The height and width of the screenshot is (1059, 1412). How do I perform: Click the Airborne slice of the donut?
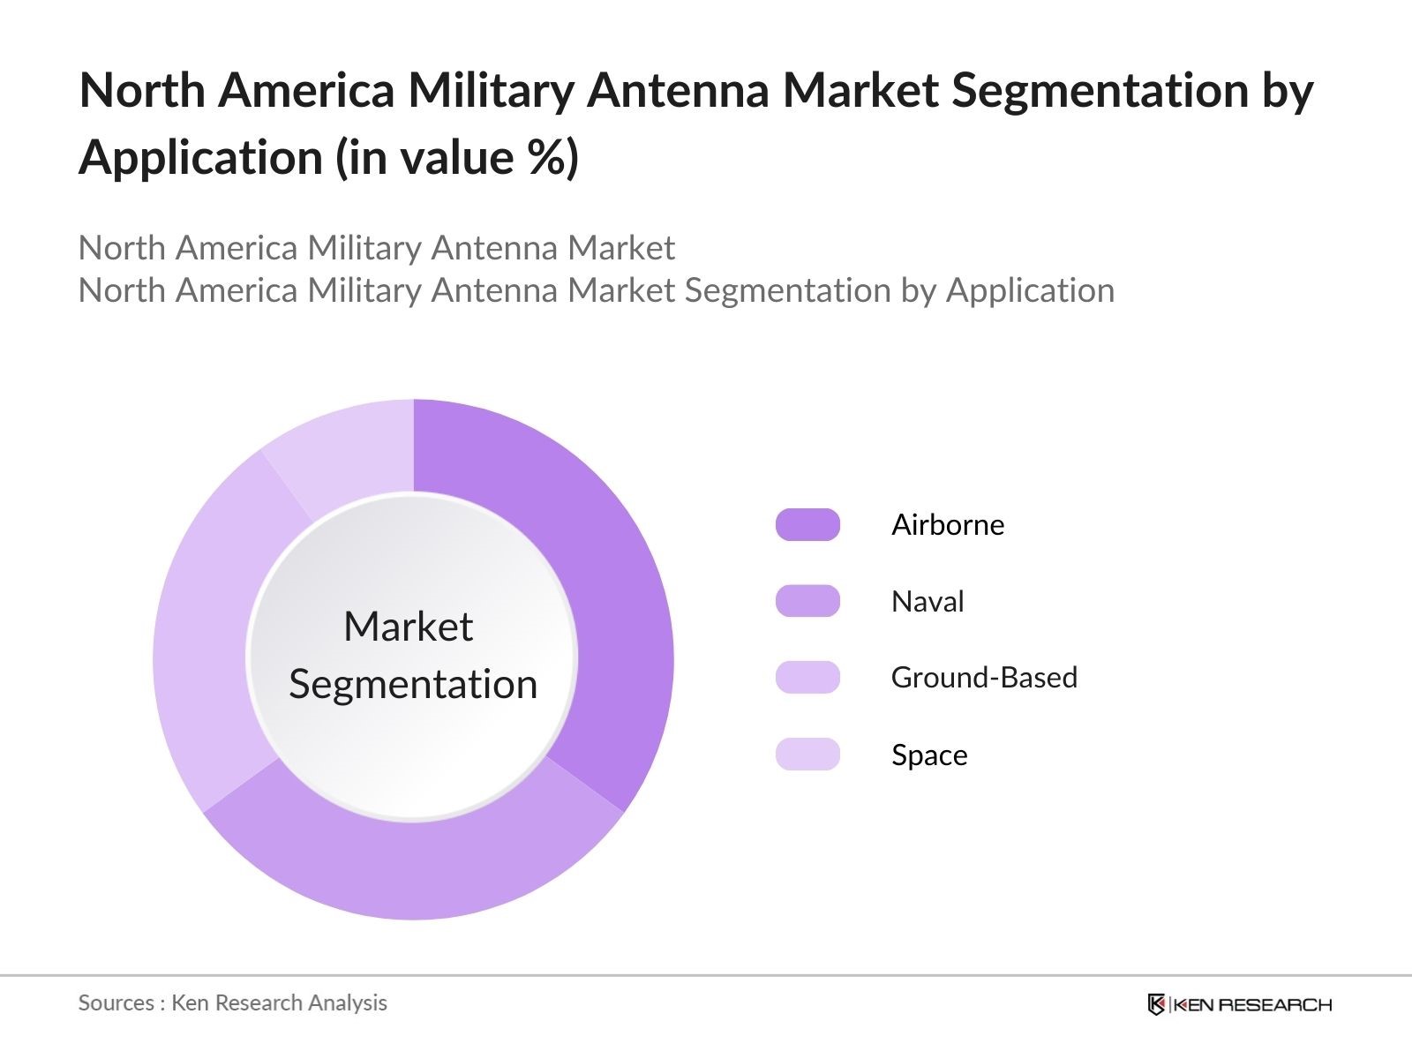click(609, 600)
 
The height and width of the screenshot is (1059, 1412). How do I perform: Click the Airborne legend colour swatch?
click(807, 524)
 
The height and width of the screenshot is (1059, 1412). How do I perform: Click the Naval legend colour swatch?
click(807, 601)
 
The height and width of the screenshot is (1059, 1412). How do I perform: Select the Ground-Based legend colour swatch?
click(807, 677)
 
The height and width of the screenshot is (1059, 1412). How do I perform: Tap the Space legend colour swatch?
click(807, 755)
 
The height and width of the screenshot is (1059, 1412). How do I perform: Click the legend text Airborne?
click(948, 524)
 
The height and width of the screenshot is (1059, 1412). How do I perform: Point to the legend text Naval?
click(928, 601)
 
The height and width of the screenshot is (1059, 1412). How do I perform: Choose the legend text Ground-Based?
click(984, 677)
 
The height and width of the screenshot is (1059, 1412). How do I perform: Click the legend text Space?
click(929, 755)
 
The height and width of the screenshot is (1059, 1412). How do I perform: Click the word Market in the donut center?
click(408, 627)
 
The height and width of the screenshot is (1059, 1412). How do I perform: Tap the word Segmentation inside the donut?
click(413, 684)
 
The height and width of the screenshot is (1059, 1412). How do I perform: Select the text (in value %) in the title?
click(457, 158)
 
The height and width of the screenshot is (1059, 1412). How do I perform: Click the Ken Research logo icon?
click(1156, 1004)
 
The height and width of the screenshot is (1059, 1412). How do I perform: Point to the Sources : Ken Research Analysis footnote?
click(232, 1003)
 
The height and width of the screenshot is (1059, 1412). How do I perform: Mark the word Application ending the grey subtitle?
click(1030, 290)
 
